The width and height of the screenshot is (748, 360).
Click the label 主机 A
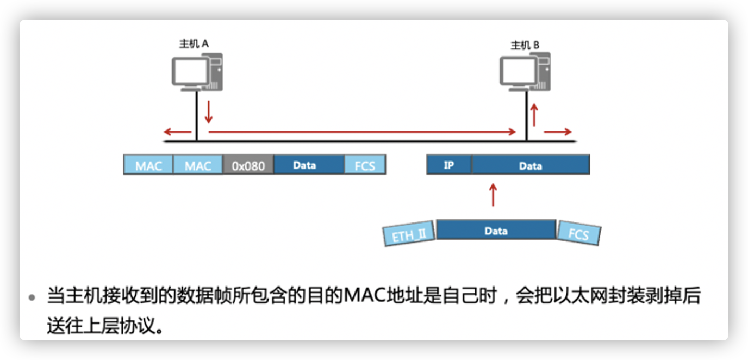coord(194,44)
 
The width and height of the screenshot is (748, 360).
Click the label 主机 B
coord(525,45)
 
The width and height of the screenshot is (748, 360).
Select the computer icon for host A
coord(197,71)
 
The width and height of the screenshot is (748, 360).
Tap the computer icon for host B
coord(526,73)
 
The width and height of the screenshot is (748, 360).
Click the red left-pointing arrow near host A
coord(178,132)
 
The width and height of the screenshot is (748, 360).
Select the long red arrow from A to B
coord(362,132)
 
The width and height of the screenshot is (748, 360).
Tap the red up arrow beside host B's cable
coord(534,115)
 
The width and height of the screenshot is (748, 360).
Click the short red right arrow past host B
coord(558,132)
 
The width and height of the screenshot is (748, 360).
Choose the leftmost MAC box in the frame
coord(148,165)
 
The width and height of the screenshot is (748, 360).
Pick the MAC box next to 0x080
coord(198,165)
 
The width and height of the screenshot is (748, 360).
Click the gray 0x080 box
coord(248,165)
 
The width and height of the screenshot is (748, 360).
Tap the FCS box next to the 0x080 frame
coord(365,165)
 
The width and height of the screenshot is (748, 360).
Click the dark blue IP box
coord(449,165)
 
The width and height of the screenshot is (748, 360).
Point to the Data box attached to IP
coord(530,165)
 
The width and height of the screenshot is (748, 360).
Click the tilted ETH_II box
coord(409,234)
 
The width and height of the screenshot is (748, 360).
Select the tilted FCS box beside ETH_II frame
coord(579,233)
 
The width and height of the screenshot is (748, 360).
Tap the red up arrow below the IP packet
coord(493,195)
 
